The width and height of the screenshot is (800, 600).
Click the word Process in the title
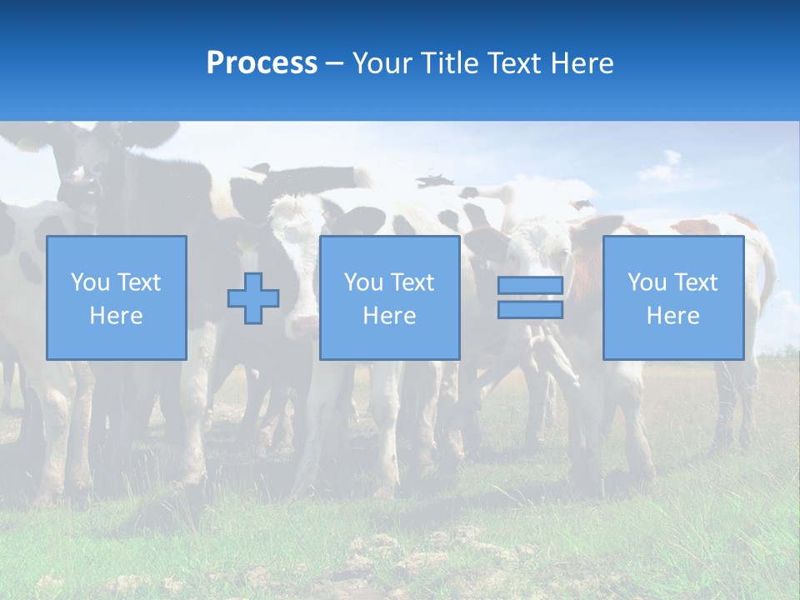262,63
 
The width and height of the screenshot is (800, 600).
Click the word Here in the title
582,63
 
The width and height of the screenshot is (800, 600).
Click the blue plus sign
253,298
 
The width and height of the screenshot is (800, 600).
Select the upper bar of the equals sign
530,285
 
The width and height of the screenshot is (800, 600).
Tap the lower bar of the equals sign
530,310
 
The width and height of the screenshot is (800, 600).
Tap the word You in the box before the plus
89,282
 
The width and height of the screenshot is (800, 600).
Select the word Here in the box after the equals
673,316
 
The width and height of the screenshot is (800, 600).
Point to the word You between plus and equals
362,282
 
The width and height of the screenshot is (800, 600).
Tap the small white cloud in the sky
664,169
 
